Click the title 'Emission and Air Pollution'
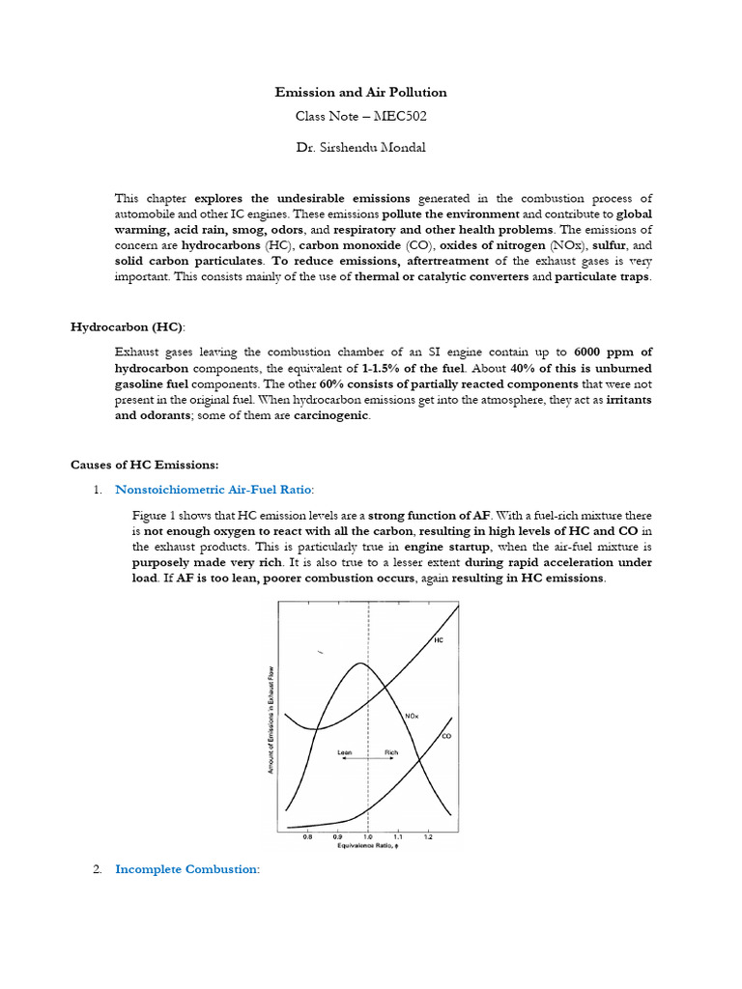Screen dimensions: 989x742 [x=360, y=93]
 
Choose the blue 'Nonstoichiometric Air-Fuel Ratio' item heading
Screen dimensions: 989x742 [x=213, y=490]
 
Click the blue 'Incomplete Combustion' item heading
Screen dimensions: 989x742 [x=186, y=869]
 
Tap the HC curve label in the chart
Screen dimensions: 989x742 [x=438, y=641]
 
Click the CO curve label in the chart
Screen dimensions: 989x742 [x=445, y=736]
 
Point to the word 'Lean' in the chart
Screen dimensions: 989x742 [x=345, y=751]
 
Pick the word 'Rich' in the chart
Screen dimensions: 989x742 [x=391, y=751]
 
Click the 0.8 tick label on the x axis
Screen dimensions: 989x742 [x=307, y=837]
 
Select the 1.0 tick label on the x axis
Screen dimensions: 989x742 [x=367, y=837]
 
